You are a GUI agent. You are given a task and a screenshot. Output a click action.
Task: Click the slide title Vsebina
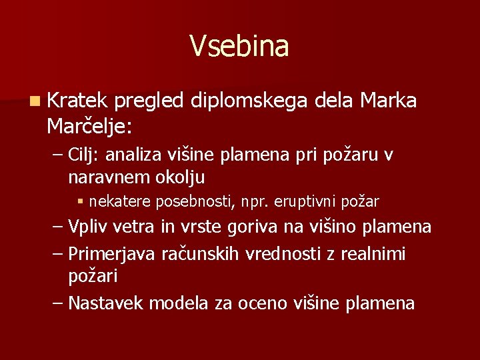[239, 47]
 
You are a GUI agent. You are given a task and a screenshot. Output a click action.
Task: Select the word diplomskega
[248, 101]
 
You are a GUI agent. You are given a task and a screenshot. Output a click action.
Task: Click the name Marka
[388, 101]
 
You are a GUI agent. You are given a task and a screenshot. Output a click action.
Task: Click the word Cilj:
[84, 156]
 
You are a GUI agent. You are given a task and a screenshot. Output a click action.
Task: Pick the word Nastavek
[106, 303]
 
